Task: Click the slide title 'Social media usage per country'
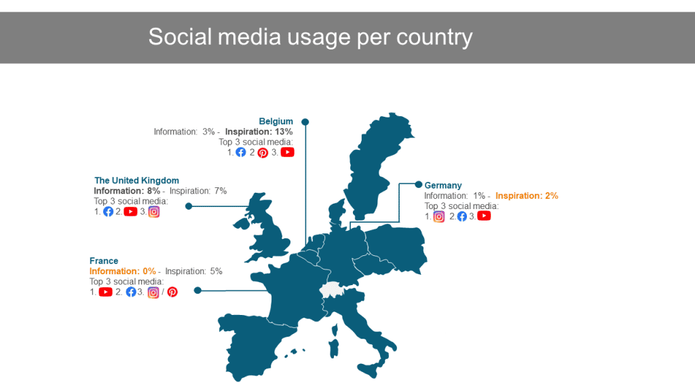click(x=310, y=37)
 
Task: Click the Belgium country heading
click(x=276, y=122)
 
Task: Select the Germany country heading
click(x=443, y=185)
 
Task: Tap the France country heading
click(x=104, y=261)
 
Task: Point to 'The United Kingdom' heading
click(x=136, y=181)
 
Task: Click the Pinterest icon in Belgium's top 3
click(x=263, y=153)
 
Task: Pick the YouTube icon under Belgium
click(x=287, y=152)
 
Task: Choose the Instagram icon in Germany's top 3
click(x=439, y=217)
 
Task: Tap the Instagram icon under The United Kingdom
click(x=154, y=212)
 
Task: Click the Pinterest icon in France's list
click(x=172, y=292)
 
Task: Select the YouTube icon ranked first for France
click(x=105, y=292)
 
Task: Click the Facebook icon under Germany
click(x=462, y=217)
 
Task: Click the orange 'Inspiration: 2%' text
click(x=527, y=196)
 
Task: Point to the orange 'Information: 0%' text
click(x=123, y=272)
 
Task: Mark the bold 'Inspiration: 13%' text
click(x=259, y=132)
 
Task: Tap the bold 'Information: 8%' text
click(x=127, y=191)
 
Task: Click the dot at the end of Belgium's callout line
click(x=305, y=122)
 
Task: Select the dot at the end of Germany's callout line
click(x=418, y=185)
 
